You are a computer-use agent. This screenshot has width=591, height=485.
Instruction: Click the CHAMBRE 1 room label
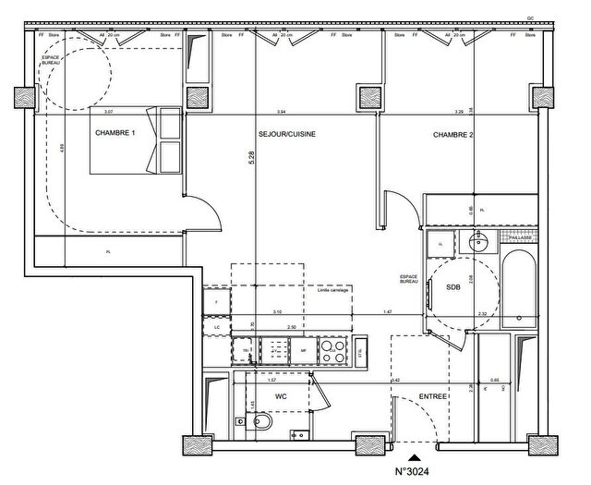point(115,134)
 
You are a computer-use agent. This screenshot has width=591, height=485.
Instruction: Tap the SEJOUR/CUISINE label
point(287,134)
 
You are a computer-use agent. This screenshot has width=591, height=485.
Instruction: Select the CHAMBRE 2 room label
point(452,135)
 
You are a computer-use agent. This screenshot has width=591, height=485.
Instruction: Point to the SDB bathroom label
point(453,288)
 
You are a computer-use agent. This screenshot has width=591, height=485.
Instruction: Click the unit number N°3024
point(416,471)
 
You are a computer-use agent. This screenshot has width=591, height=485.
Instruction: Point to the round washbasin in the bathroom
point(478,243)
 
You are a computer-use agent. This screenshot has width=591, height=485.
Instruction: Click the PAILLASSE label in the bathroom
point(521,237)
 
